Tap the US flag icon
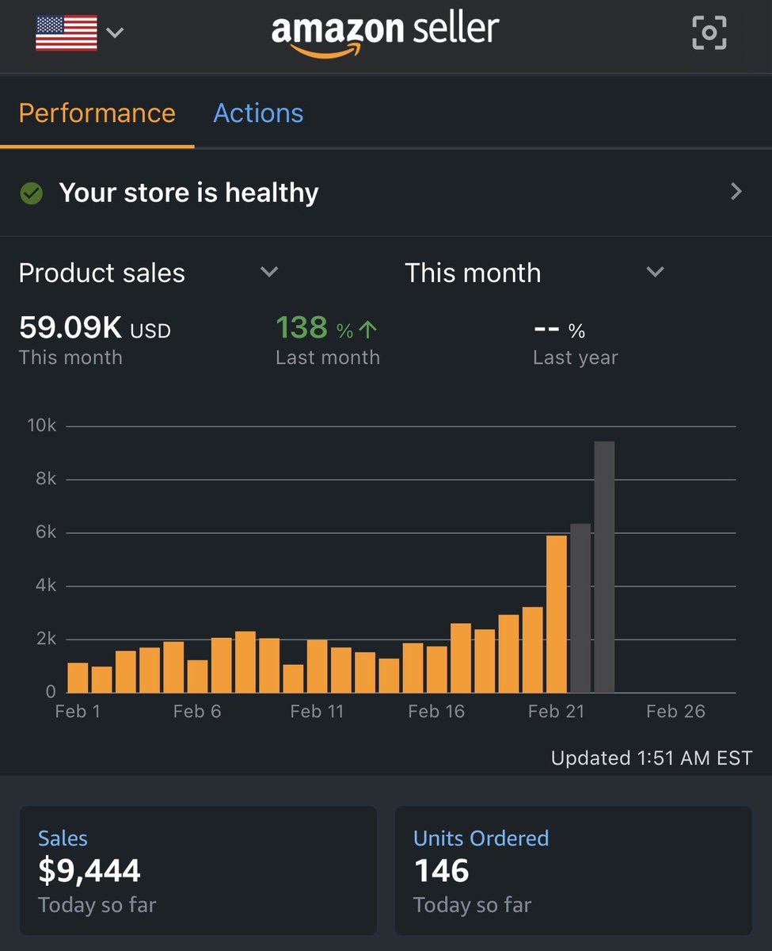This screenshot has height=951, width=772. [67, 33]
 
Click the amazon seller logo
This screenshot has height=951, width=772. [385, 33]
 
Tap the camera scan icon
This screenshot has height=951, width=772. [709, 32]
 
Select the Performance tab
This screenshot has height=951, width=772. [97, 113]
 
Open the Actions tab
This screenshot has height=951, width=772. [258, 113]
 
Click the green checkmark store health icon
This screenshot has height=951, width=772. [32, 193]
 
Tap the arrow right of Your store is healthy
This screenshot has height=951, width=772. [736, 192]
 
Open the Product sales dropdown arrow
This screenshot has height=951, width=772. [269, 272]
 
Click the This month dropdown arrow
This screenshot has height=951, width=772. [655, 272]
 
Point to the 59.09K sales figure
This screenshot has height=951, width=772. [71, 328]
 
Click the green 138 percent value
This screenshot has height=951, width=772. [302, 328]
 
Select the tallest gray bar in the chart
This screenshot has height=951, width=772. [604, 567]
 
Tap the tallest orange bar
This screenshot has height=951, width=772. [557, 614]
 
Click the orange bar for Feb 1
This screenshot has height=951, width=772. [78, 678]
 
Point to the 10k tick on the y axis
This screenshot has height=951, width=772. [42, 426]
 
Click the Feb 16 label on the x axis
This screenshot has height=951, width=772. [436, 712]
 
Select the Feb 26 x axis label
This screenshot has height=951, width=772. [675, 712]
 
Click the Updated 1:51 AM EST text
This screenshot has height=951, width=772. [651, 758]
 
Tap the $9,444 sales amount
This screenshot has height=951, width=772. [89, 872]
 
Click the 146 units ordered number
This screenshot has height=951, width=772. [442, 872]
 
